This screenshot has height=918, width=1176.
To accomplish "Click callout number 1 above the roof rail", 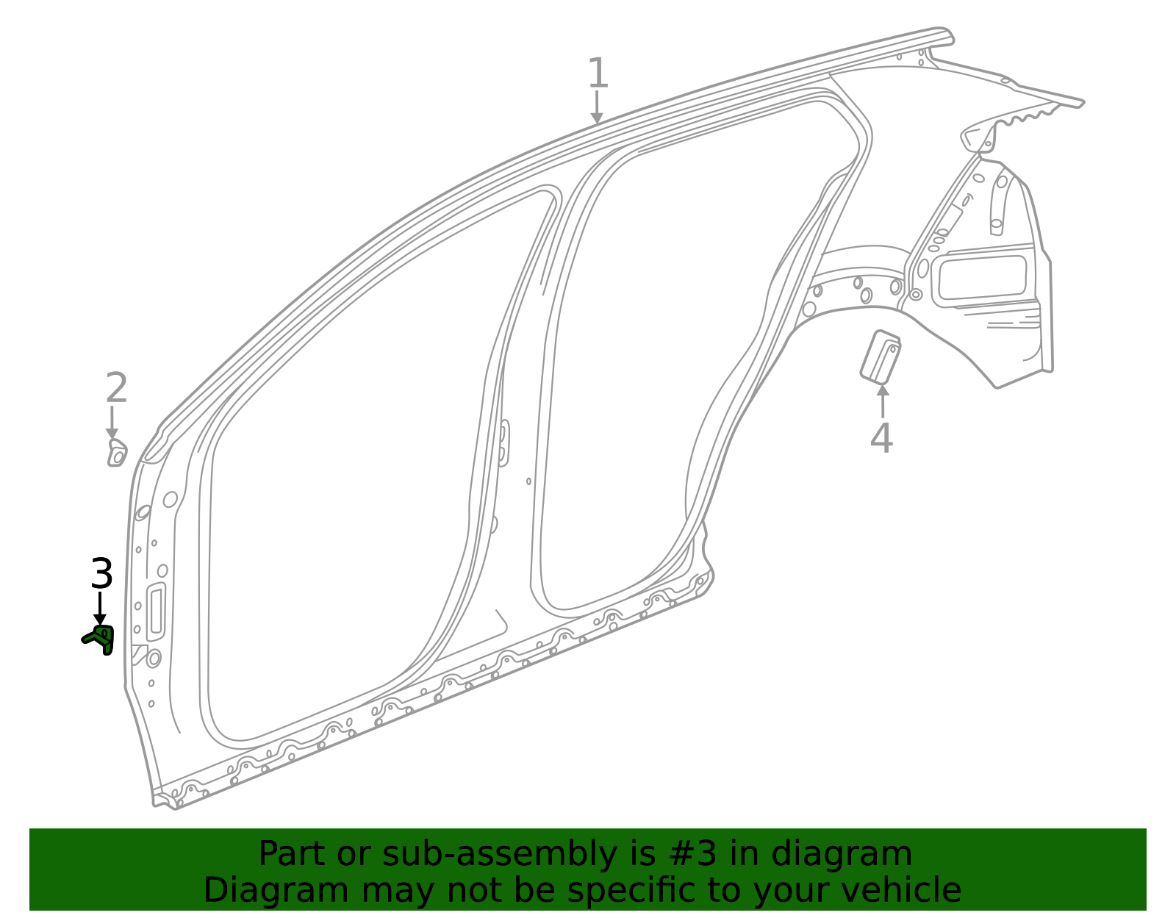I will click(598, 73).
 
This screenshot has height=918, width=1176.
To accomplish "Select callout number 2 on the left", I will click(116, 388).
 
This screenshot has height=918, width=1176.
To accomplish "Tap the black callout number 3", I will click(101, 574).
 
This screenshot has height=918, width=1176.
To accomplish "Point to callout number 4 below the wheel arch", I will click(881, 439).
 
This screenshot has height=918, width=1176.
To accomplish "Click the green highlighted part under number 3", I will click(100, 639).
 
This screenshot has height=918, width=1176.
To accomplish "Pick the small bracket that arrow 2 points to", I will click(117, 453).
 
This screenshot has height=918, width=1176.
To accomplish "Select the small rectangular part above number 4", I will click(881, 357).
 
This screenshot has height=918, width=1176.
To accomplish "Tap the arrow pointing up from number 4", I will click(883, 400).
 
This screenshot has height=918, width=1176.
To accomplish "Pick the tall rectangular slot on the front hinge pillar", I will click(156, 612).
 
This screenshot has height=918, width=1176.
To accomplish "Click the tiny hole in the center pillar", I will click(528, 481).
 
